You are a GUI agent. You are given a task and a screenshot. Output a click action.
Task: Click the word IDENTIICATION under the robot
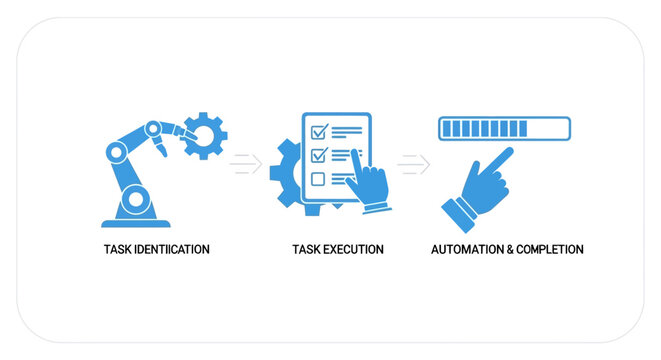pos(172,249)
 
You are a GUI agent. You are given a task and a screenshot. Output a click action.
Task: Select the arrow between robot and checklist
pos(245,163)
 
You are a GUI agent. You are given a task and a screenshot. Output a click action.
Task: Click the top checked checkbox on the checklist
pos(319,131)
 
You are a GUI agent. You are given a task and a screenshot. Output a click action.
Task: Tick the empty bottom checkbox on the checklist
pos(319,179)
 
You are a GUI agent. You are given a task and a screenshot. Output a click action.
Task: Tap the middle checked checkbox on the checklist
pos(319,155)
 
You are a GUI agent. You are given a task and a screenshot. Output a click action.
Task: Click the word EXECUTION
pos(351,249)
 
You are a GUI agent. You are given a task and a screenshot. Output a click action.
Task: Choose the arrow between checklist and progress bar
pos(413,163)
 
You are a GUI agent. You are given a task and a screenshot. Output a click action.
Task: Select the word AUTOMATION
pos(466,249)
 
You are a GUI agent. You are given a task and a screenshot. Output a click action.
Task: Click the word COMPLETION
pos(551,249)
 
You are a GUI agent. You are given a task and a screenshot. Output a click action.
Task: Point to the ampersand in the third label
pos(509,249)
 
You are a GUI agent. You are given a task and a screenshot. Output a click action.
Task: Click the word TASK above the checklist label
pos(305,249)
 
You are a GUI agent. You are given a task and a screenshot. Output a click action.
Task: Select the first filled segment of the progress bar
pos(446,129)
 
